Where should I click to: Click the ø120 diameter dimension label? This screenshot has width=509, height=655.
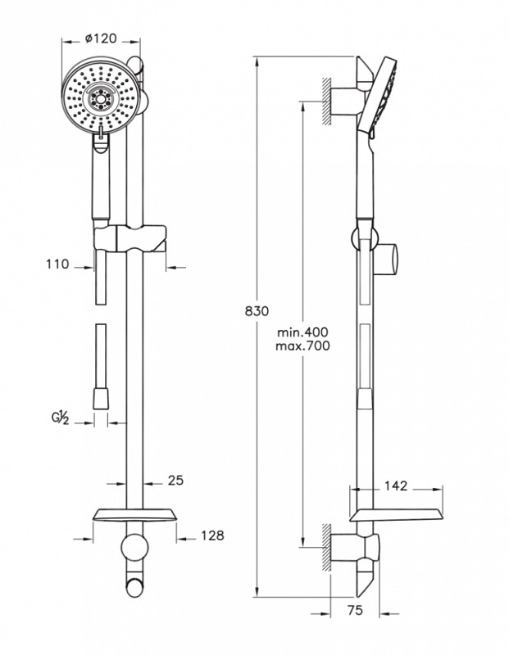click(100, 38)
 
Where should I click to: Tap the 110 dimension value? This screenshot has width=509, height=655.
click(57, 264)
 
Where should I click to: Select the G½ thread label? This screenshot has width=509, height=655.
click(60, 418)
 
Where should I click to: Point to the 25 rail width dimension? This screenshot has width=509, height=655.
click(175, 481)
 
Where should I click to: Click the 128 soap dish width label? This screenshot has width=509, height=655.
click(212, 535)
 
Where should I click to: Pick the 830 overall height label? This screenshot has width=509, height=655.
click(257, 311)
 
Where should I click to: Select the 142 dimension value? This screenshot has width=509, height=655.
click(396, 486)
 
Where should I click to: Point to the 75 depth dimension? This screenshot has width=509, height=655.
click(355, 610)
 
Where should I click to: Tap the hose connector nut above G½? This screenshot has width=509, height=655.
click(100, 399)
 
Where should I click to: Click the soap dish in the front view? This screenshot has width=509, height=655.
click(134, 516)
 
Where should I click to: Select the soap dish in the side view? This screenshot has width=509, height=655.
click(397, 516)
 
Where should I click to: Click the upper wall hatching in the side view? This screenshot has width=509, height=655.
click(326, 101)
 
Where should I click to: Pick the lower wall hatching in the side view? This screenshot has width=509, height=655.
click(326, 547)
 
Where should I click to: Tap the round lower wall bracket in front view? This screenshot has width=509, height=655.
click(134, 548)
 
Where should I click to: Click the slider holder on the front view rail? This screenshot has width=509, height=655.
click(130, 238)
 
